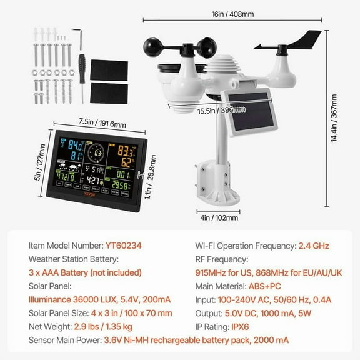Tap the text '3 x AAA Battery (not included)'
(x=85, y=272)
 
